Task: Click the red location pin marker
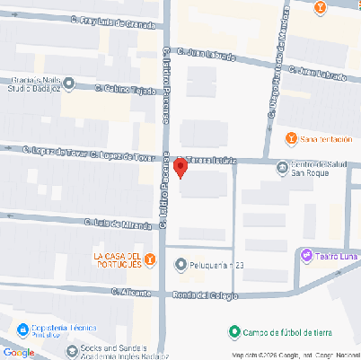(181, 167)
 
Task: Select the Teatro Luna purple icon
(307, 257)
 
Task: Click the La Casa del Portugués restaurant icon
(150, 259)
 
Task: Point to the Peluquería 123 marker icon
(180, 265)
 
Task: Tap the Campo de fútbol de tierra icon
(233, 332)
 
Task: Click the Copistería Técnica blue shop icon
(21, 328)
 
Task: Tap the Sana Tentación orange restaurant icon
(290, 138)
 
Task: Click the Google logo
(18, 352)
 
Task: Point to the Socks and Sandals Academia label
(118, 350)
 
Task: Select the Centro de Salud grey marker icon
(282, 166)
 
